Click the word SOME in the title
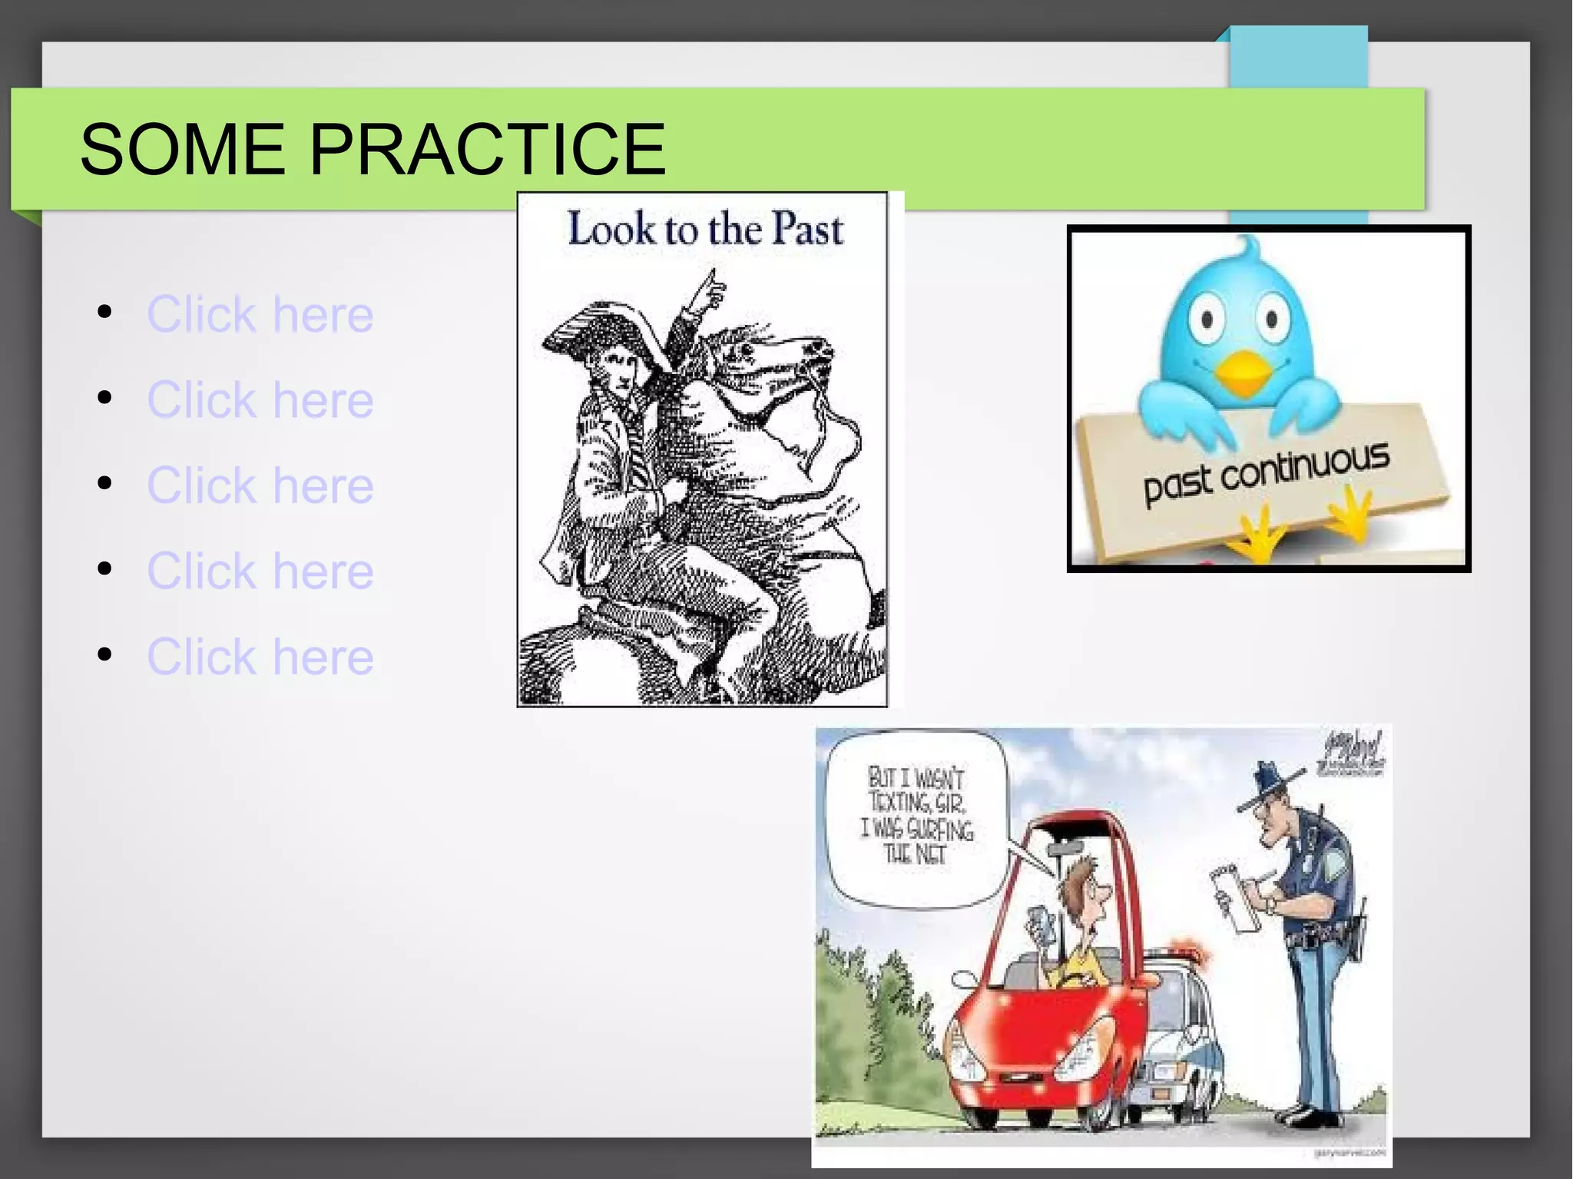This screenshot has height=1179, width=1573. click(x=183, y=149)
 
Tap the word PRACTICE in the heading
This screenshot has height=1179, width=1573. click(x=487, y=149)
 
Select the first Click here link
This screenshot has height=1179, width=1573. click(x=260, y=314)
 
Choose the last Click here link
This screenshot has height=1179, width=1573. click(x=260, y=657)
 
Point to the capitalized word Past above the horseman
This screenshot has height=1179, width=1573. click(x=807, y=229)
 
